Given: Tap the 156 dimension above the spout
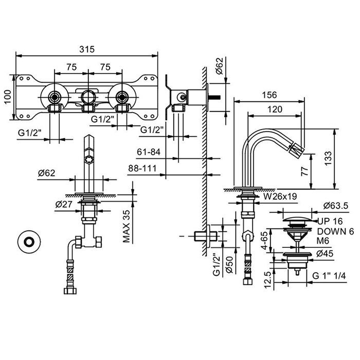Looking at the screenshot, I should (x=269, y=95).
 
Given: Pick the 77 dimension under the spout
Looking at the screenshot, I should (x=318, y=171).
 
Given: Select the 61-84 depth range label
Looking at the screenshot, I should (x=150, y=152).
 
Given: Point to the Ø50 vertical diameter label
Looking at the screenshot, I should (x=229, y=267).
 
